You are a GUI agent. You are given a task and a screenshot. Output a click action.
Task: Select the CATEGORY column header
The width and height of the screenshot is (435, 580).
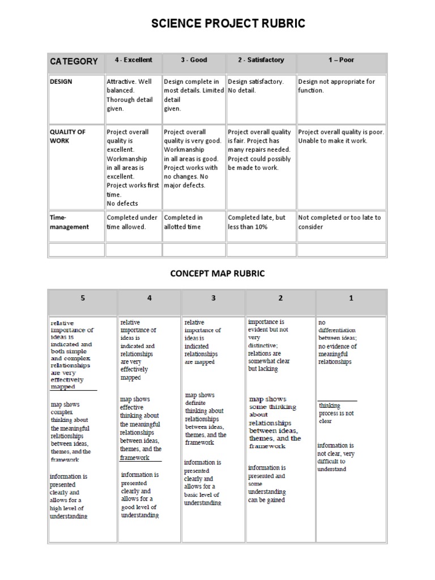(x=74, y=61)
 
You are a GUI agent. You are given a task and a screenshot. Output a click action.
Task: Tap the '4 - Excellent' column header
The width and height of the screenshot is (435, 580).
(x=133, y=60)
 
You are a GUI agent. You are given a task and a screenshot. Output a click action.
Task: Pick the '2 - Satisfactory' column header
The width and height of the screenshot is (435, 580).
(x=261, y=60)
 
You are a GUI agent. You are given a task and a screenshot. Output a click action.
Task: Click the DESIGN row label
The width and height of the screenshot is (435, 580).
(x=61, y=82)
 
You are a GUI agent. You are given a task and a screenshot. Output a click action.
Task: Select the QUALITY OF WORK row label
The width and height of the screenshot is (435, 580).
(x=68, y=137)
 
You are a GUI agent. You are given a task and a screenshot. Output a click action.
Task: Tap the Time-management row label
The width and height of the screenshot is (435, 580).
(x=69, y=222)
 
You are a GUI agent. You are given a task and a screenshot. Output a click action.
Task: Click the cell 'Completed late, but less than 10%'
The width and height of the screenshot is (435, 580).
(x=257, y=222)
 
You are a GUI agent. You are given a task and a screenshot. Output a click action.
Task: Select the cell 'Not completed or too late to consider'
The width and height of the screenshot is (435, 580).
(x=339, y=222)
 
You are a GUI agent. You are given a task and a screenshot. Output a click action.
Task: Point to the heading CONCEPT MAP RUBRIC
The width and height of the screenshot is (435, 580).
(x=217, y=274)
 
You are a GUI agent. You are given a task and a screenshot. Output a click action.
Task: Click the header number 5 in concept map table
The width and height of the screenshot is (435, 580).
(x=83, y=298)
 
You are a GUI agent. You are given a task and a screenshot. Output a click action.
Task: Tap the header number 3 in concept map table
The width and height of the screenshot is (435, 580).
(x=214, y=298)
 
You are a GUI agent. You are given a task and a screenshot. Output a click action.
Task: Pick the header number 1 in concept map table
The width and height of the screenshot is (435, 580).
(x=351, y=298)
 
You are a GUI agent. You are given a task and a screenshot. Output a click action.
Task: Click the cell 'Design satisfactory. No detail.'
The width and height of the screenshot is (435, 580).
(x=255, y=86)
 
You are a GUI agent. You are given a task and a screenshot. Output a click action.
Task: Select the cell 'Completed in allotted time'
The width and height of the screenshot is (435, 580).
(x=184, y=222)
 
